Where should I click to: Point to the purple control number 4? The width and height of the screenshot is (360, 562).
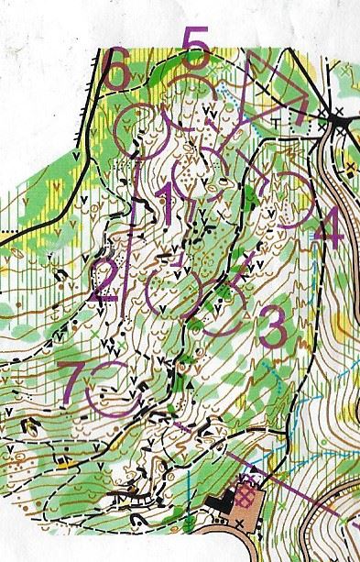331,229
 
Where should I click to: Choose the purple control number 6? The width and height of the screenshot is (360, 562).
115,73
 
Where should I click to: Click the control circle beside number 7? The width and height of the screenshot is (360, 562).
111,386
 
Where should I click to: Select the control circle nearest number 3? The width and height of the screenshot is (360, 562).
222,307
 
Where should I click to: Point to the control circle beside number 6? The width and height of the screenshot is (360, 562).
143,129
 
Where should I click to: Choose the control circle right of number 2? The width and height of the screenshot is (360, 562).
171,291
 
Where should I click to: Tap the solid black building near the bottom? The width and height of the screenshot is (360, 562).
223,499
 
